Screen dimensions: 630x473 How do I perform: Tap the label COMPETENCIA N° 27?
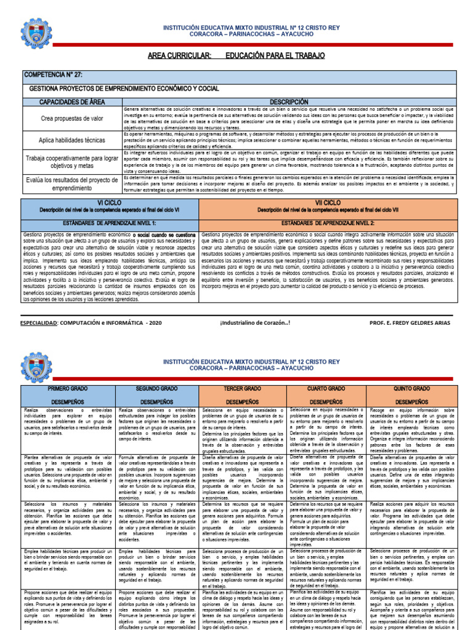[52, 74]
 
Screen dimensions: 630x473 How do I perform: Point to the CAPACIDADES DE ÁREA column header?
[71, 102]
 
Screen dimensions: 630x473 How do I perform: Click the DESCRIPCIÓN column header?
[289, 102]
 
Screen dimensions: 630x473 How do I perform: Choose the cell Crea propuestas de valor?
[71, 118]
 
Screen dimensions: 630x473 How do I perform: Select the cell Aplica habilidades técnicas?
[71, 140]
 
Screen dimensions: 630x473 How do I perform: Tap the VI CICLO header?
[110, 202]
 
